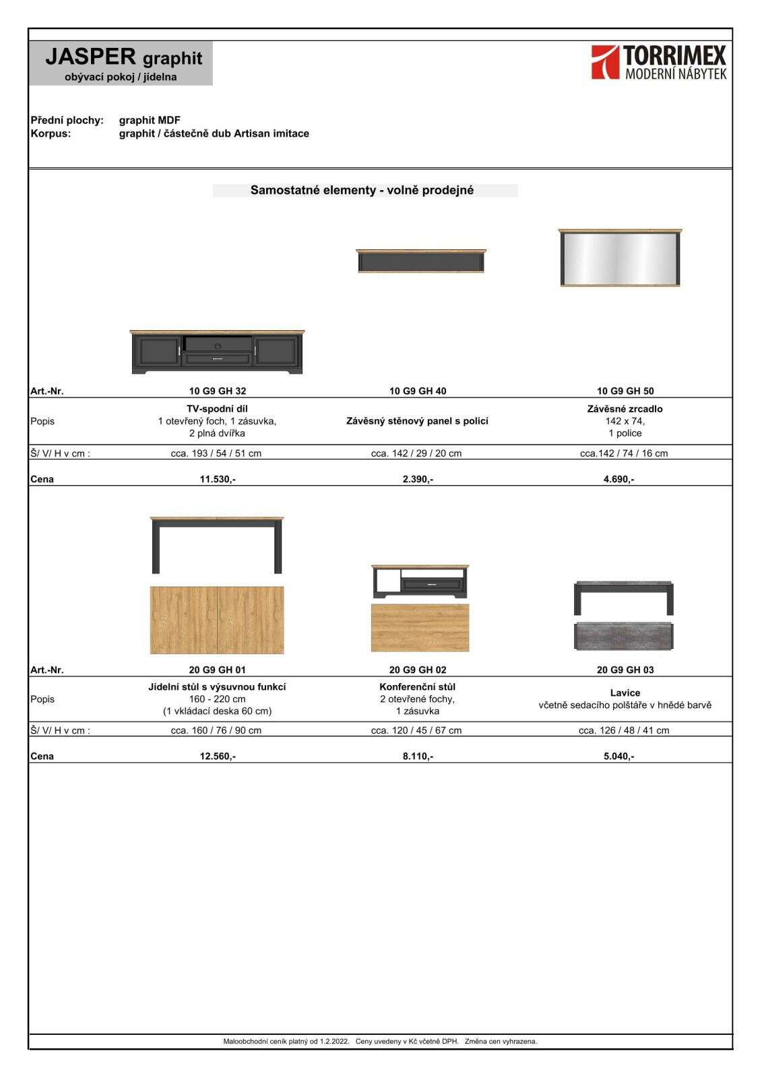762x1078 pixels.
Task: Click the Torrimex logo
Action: pyautogui.click(x=658, y=63)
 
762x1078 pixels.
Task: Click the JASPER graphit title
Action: pyautogui.click(x=123, y=57)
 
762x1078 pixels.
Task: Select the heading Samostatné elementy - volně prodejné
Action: pyautogui.click(x=362, y=190)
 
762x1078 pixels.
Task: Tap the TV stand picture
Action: pyautogui.click(x=217, y=352)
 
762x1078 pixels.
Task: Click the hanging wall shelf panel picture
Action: pyautogui.click(x=420, y=261)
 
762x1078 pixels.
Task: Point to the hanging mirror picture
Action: pyautogui.click(x=620, y=258)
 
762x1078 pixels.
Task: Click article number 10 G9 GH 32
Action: pyautogui.click(x=217, y=391)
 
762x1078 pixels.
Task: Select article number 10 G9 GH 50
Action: pyautogui.click(x=625, y=391)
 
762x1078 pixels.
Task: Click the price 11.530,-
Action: pyautogui.click(x=217, y=479)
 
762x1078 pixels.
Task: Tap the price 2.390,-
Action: pyautogui.click(x=417, y=479)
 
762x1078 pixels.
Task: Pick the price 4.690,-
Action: pyautogui.click(x=618, y=479)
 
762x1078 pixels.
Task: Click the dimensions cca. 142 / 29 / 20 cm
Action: pyautogui.click(x=416, y=453)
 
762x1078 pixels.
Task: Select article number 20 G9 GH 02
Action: pyautogui.click(x=417, y=670)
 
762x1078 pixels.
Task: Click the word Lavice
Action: pyautogui.click(x=625, y=693)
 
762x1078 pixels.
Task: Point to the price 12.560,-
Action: pyautogui.click(x=217, y=756)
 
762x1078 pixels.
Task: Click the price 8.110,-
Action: pyautogui.click(x=417, y=756)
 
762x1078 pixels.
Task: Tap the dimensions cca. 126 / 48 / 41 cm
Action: pyautogui.click(x=623, y=730)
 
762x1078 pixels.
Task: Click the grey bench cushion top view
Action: pyautogui.click(x=623, y=636)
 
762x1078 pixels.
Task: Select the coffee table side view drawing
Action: pyautogui.click(x=420, y=581)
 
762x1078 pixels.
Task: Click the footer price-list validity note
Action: pyautogui.click(x=380, y=1041)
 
